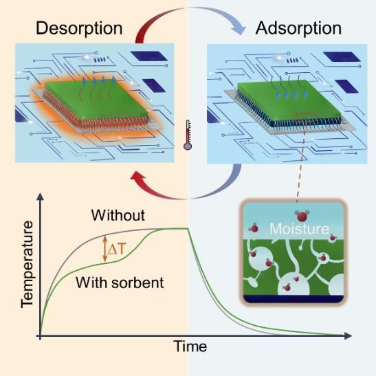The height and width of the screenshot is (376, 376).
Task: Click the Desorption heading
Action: [x=79, y=29]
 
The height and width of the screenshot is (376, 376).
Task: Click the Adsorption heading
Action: [x=298, y=29]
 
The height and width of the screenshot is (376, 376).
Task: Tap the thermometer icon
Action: [x=188, y=135]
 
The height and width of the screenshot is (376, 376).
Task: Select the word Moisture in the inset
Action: [x=299, y=228]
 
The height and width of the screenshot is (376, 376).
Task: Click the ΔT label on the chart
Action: [x=117, y=250]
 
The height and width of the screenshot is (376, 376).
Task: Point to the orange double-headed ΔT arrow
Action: [x=104, y=249]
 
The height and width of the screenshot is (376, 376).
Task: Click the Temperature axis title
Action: [x=27, y=265]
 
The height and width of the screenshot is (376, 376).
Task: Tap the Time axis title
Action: [x=190, y=346]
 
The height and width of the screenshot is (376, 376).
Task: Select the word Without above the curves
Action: [x=118, y=215]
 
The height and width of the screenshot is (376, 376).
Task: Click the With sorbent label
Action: [x=120, y=283]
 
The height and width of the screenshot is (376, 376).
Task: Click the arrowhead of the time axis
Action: [x=348, y=336]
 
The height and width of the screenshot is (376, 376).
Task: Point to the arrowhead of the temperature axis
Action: [x=41, y=196]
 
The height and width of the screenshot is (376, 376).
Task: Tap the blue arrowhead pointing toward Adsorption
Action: [x=239, y=29]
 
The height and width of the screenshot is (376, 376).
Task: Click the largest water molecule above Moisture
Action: [x=302, y=216]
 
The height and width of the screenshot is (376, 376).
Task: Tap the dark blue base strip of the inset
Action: [x=294, y=299]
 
